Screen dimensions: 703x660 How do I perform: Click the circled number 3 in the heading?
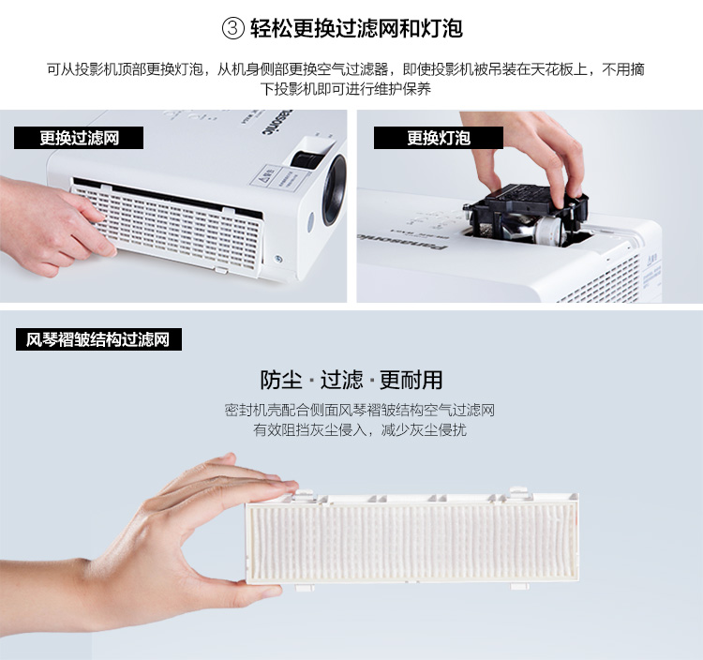(233, 29)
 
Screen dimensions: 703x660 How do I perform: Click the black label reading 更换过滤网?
(79, 138)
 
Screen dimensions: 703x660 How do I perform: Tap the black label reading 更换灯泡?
(439, 138)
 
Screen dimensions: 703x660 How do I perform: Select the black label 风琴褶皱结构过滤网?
(98, 339)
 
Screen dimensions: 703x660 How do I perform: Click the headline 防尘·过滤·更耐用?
(351, 380)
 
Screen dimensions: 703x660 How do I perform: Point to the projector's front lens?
(335, 189)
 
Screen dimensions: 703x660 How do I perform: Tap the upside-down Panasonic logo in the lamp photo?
(400, 241)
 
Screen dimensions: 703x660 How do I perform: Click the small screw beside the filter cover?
(278, 259)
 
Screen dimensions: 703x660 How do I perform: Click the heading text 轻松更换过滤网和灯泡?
(356, 29)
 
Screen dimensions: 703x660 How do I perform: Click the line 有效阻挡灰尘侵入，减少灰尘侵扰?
(360, 430)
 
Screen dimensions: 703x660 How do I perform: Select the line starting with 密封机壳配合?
(360, 410)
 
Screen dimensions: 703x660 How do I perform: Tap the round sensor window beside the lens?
(311, 222)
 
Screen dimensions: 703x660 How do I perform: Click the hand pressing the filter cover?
(53, 224)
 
